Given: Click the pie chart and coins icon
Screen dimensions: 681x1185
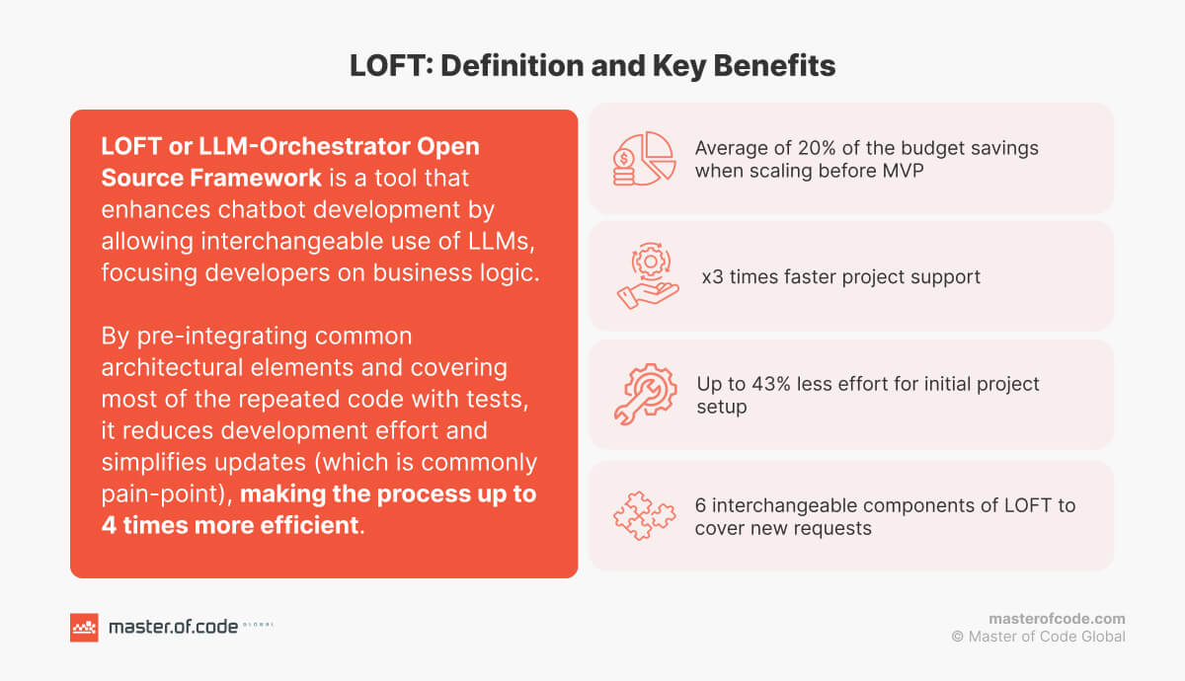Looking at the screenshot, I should (x=643, y=158).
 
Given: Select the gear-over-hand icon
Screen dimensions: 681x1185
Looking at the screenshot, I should (x=646, y=276).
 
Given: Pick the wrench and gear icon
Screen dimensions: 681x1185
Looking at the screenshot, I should (x=644, y=395).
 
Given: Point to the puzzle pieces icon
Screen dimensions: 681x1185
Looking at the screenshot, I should (x=644, y=515).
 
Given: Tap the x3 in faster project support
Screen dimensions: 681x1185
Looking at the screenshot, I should (x=712, y=276).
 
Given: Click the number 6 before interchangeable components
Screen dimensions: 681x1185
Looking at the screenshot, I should (x=700, y=505).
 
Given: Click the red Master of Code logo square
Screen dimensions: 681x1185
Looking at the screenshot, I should (x=84, y=627).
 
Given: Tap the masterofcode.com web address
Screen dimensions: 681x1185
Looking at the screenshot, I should (x=1057, y=619).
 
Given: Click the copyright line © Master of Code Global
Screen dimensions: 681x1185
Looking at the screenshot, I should (x=1038, y=637).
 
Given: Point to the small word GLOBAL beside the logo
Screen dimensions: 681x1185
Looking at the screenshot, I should (x=259, y=625).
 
